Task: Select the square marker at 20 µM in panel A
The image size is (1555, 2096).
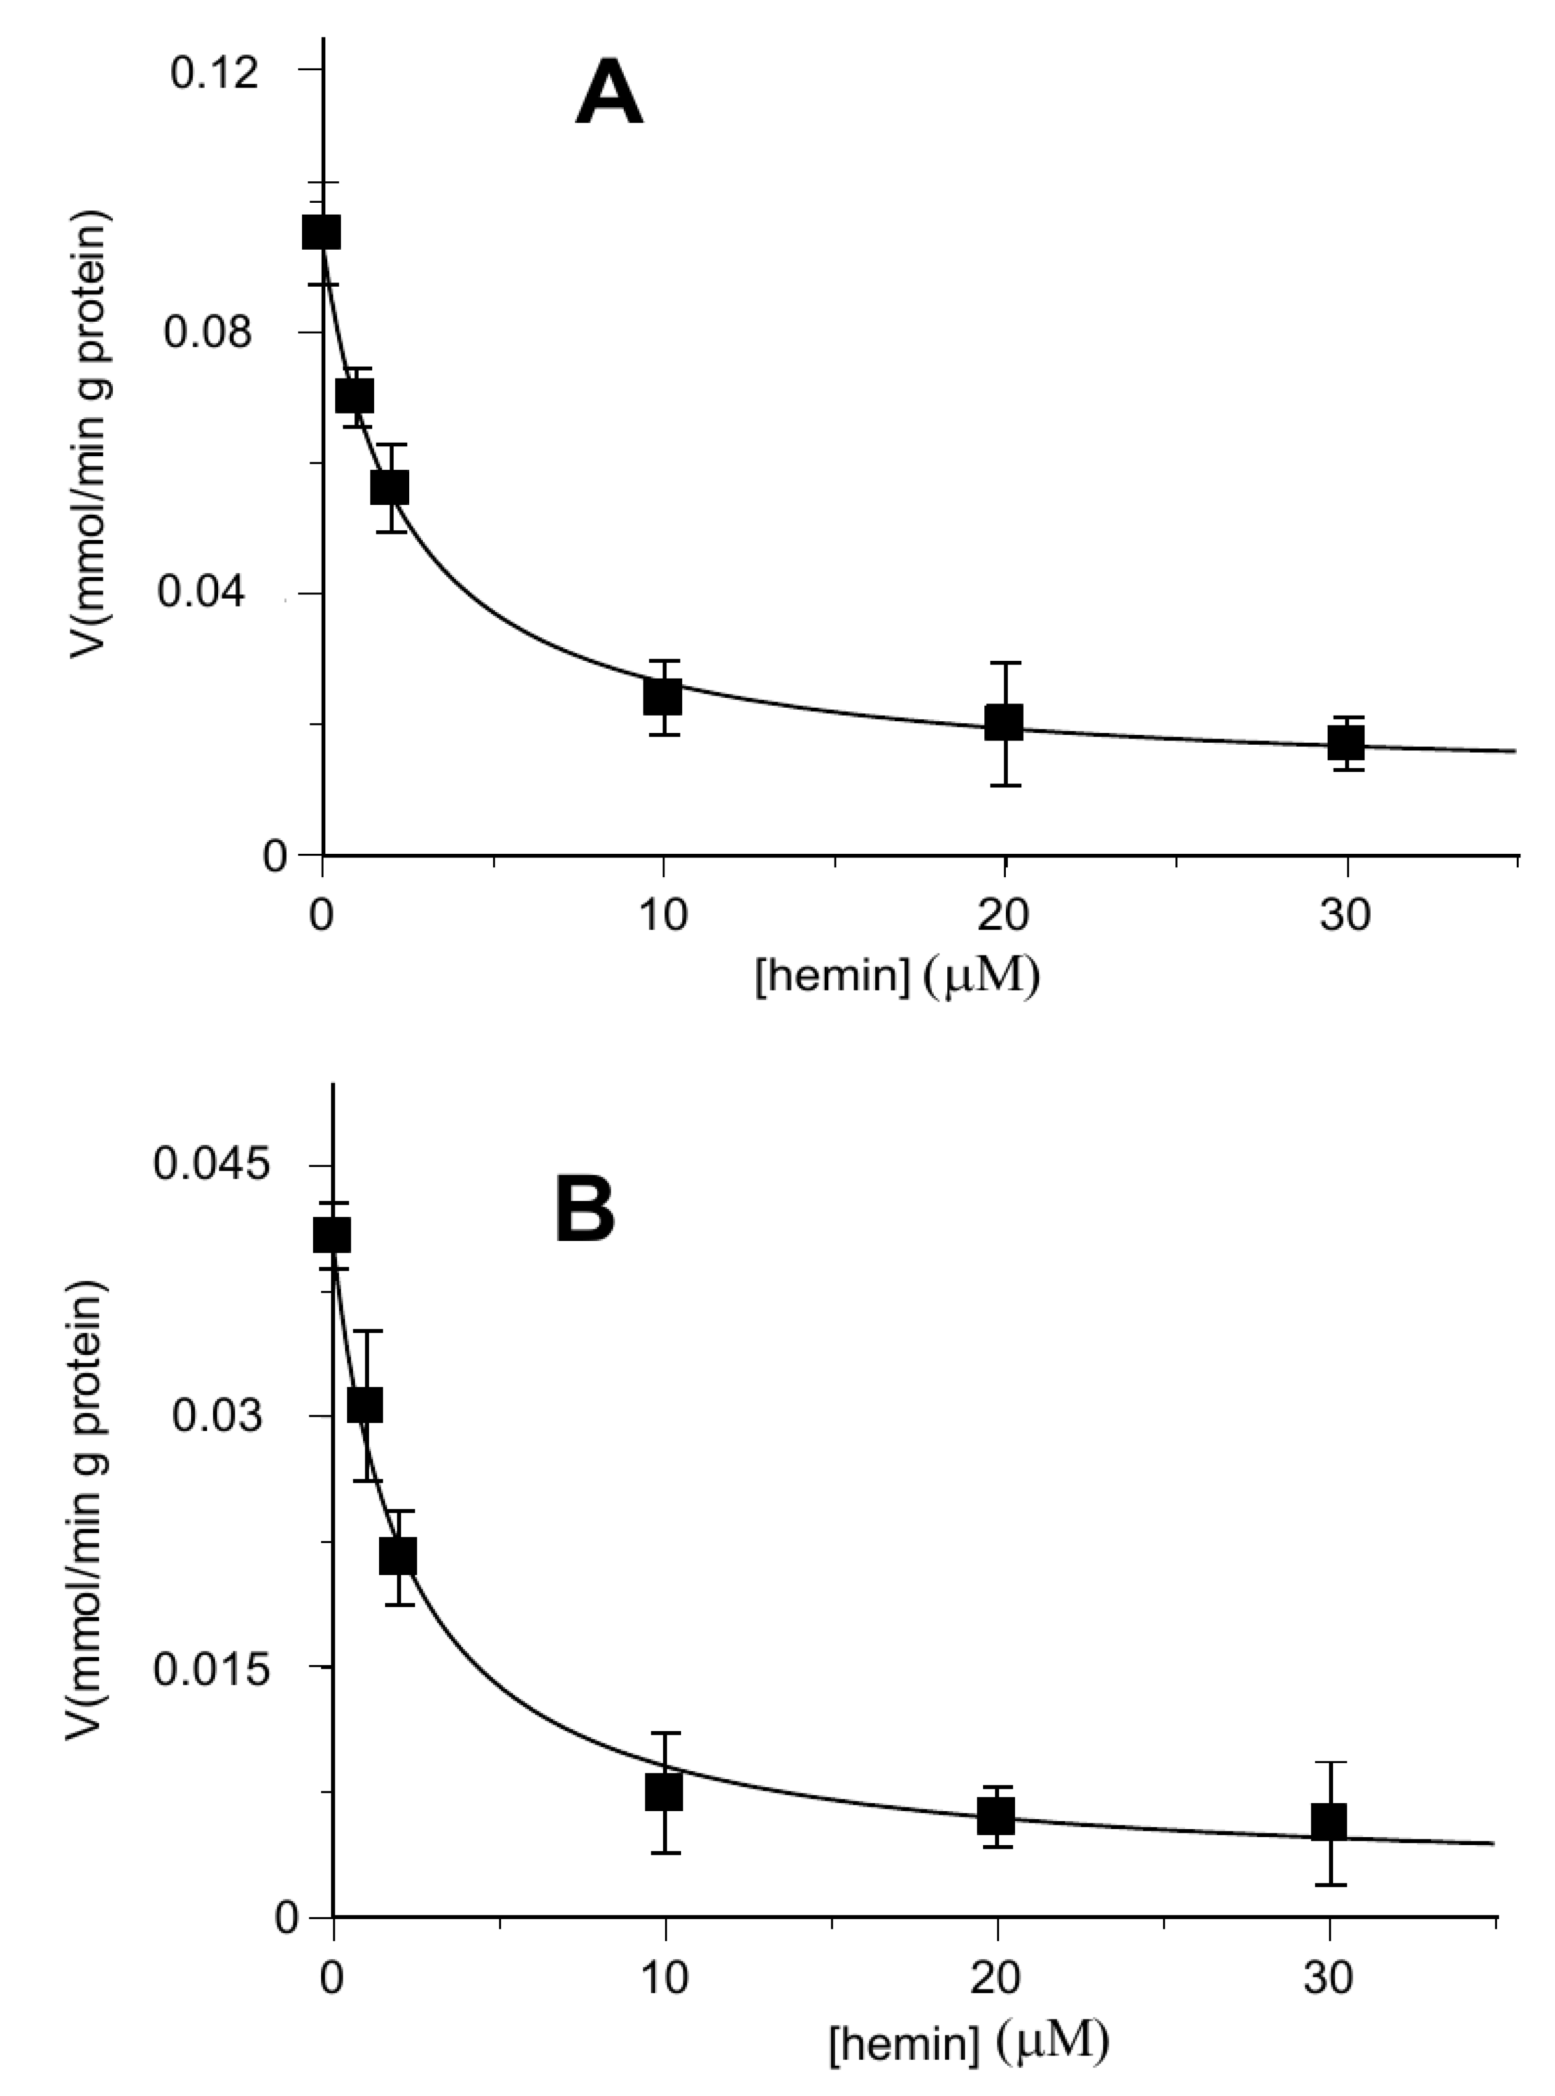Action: (x=1003, y=723)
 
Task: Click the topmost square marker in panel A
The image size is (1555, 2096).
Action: (x=321, y=232)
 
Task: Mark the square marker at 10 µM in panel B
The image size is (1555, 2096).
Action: (x=664, y=1793)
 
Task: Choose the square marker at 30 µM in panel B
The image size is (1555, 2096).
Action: (x=1329, y=1822)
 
